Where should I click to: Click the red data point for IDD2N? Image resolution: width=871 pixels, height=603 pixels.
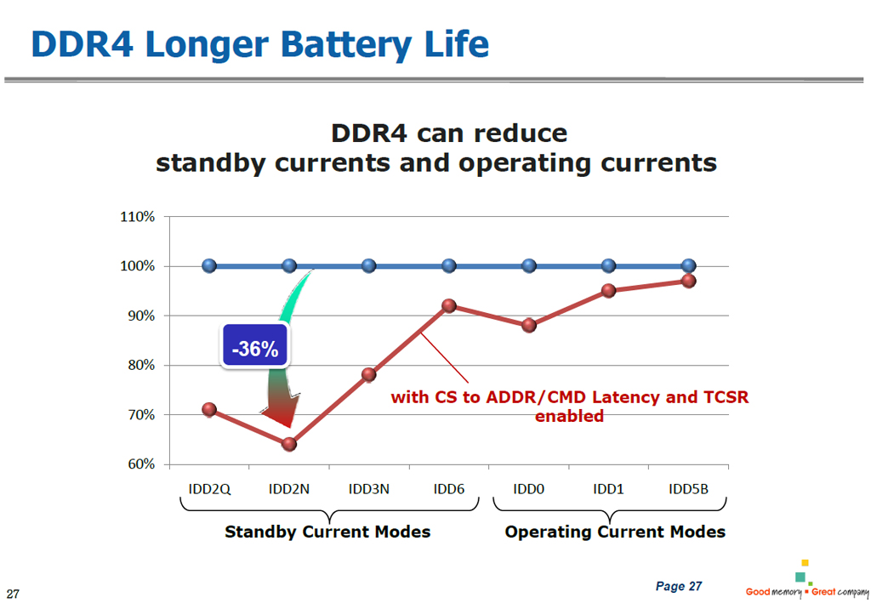[289, 444]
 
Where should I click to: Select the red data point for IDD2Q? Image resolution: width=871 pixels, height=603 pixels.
[209, 409]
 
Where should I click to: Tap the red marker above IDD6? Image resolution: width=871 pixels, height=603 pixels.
[449, 306]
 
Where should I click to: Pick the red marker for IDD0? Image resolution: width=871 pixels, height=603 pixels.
[529, 325]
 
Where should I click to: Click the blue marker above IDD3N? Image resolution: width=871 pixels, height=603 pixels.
[369, 265]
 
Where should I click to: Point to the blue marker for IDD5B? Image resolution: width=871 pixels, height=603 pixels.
[689, 265]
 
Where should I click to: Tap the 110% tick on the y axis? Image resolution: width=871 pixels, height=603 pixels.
[137, 217]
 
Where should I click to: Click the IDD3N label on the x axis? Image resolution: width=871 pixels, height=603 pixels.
[369, 490]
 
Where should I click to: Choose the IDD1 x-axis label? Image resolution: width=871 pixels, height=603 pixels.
[609, 490]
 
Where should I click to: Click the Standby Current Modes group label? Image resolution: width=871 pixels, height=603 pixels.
[327, 532]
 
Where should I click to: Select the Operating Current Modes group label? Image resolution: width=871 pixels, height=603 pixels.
[615, 532]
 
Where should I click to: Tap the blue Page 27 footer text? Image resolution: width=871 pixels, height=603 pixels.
[679, 587]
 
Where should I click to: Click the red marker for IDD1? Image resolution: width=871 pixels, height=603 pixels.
[609, 290]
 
